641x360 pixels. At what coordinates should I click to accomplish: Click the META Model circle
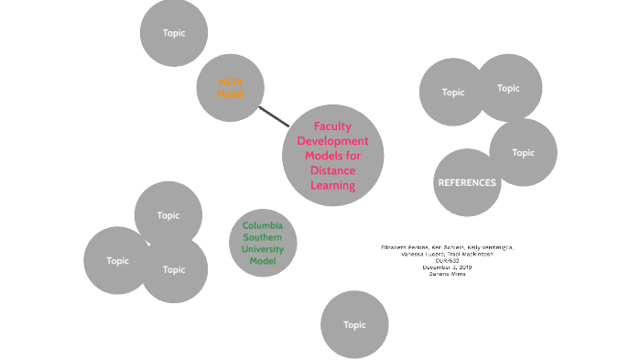click(230, 88)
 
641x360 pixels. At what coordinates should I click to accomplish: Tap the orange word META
click(230, 82)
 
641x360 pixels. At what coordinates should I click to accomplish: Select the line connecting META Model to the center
click(274, 116)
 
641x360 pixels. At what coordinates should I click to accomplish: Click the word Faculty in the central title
click(332, 126)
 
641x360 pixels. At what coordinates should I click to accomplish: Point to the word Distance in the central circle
click(332, 170)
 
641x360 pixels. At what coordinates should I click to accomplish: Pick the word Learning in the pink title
click(332, 186)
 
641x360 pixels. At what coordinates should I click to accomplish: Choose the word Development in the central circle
click(332, 141)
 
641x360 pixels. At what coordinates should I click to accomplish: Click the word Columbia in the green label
click(263, 225)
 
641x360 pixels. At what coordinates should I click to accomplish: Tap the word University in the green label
click(263, 249)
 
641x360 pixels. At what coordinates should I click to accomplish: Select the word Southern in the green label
click(263, 237)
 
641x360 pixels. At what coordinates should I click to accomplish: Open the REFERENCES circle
click(467, 183)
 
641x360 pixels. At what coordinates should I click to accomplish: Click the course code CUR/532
click(447, 261)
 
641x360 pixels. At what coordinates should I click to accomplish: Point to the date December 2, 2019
click(447, 267)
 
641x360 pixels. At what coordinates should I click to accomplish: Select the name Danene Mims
click(447, 274)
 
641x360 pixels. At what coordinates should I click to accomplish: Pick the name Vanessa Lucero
click(422, 255)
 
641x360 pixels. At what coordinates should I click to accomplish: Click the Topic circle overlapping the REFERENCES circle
click(524, 152)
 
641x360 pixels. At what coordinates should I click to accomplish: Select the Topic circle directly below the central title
click(354, 324)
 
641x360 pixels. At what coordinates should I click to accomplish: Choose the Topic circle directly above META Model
click(174, 33)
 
